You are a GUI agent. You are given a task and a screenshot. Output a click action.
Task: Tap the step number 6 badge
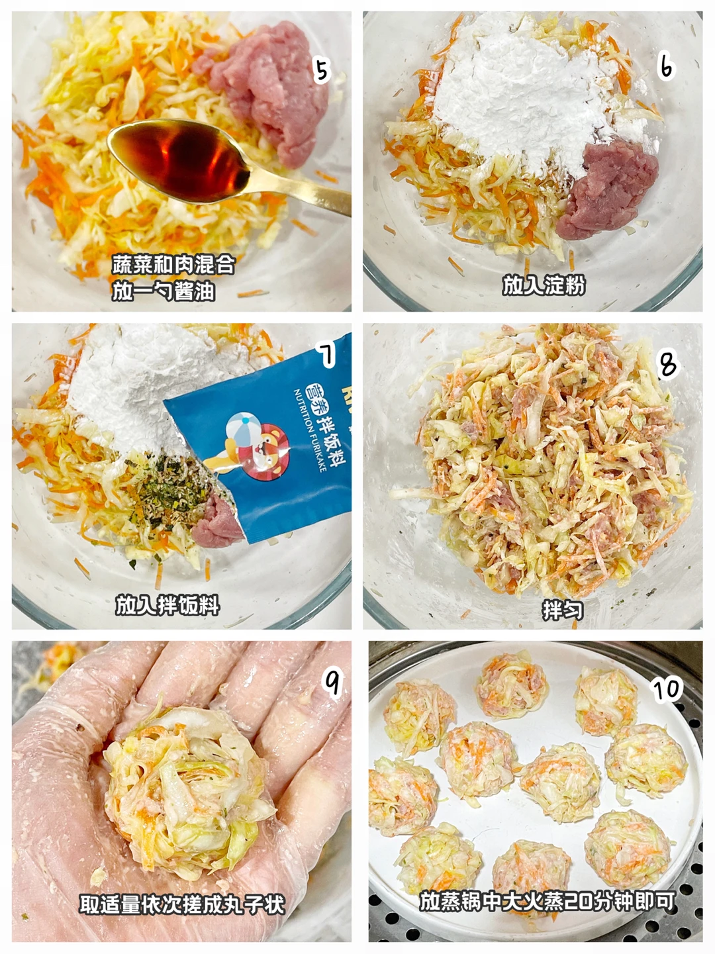click(x=666, y=67)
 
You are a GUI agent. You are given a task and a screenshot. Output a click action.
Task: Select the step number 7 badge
click(x=326, y=354)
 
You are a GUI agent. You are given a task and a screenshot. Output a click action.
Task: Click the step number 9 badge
click(x=333, y=683)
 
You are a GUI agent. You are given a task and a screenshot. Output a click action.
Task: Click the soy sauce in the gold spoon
click(x=179, y=160)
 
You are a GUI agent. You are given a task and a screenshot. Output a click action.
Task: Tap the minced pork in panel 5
click(x=265, y=87)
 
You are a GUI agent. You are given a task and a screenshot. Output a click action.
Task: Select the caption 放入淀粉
click(x=544, y=285)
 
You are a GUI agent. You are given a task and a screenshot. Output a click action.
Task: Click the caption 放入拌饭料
click(x=167, y=605)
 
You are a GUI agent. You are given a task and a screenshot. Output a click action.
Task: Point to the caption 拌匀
click(x=563, y=610)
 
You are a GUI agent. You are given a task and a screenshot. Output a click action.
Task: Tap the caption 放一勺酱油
click(x=164, y=291)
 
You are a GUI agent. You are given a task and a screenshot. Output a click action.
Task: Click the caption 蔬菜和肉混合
click(x=173, y=265)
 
